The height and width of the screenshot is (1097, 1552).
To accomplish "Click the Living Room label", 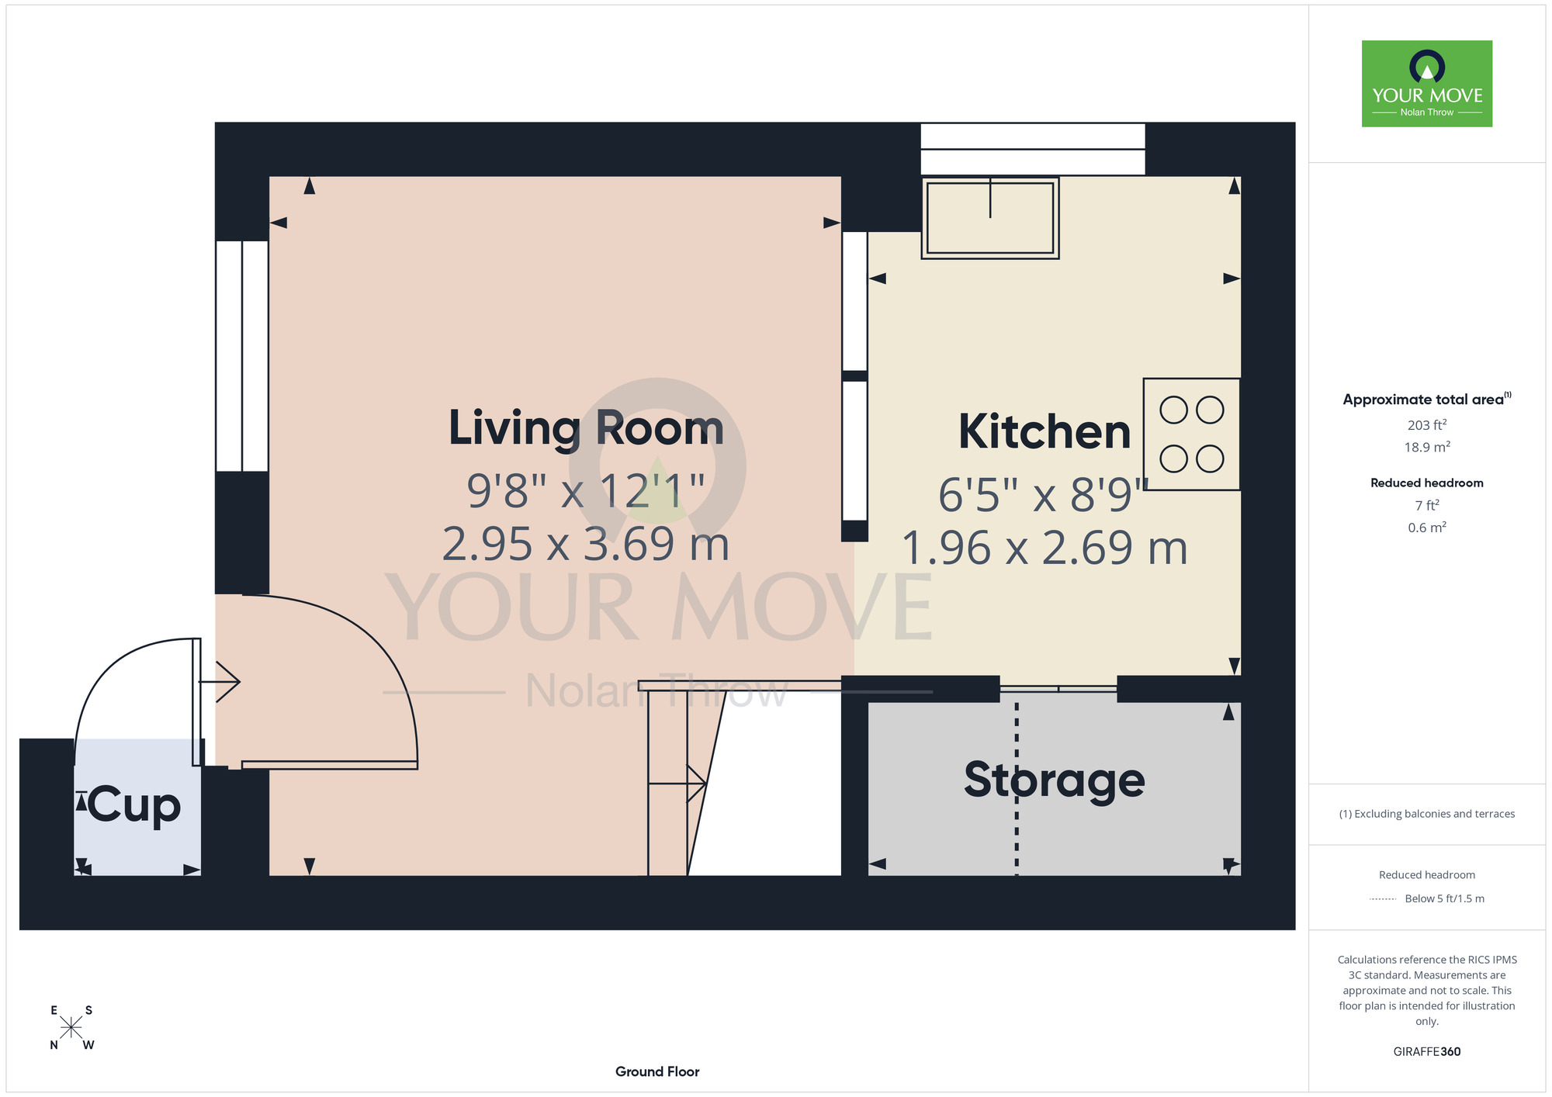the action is (x=587, y=428).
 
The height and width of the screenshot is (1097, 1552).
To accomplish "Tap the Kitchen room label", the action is (x=1044, y=431).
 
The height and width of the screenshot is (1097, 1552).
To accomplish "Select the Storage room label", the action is (x=1055, y=780).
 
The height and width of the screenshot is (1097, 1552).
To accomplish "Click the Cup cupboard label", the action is (x=134, y=806).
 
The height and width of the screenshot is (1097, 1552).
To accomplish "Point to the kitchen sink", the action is (x=990, y=217).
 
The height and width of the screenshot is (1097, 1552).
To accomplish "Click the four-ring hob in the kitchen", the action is (x=1191, y=434).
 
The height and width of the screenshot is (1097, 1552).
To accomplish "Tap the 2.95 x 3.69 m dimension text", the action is (x=586, y=544).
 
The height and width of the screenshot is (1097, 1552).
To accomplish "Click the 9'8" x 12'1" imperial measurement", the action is (x=586, y=490).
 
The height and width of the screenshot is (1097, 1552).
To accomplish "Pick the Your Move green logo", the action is (x=1427, y=84).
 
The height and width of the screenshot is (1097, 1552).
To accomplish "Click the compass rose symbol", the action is (x=71, y=1028).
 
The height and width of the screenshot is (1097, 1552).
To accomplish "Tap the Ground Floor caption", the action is (x=657, y=1071).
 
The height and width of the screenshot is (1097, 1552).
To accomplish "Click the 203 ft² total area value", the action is (x=1427, y=424).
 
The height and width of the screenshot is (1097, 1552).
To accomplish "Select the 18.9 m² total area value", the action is (x=1427, y=447).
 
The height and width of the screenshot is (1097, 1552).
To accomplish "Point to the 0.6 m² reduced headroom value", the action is (x=1427, y=528).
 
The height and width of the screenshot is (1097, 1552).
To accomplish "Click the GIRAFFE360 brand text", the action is (x=1427, y=1052).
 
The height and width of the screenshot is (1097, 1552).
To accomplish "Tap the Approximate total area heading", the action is (x=1427, y=399).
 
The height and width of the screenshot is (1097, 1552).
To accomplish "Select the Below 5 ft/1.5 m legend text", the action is (x=1444, y=898).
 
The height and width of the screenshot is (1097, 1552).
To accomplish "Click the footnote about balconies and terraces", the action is (x=1427, y=814).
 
